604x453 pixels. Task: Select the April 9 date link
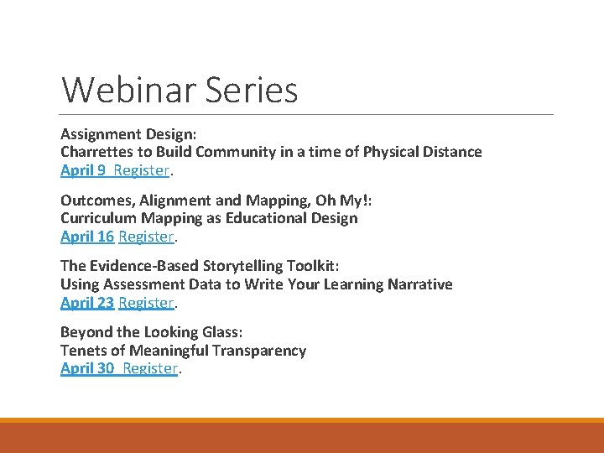pos(83,170)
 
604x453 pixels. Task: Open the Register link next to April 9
pos(142,170)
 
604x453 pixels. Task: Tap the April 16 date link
pos(87,237)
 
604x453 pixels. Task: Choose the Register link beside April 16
pos(146,237)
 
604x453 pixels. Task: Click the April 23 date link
pos(87,302)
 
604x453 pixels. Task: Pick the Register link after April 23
pos(146,302)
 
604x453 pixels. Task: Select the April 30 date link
pos(87,368)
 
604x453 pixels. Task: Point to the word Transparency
pos(259,351)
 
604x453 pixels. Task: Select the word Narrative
pos(419,284)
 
